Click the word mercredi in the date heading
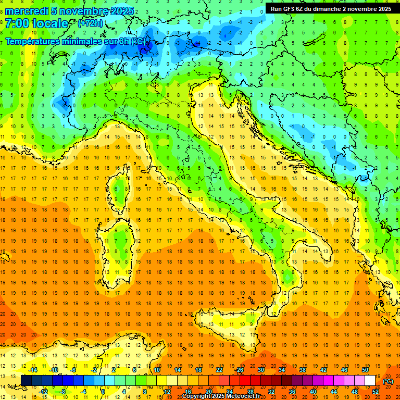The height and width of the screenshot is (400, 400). pos(27,10)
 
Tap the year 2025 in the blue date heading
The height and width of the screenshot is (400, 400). pos(121,10)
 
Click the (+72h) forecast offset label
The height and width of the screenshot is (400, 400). pos(90,24)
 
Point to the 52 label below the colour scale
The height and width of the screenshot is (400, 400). pos(375,392)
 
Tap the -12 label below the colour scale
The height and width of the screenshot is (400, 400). pos(44,392)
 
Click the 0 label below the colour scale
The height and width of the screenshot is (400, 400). pos(103,392)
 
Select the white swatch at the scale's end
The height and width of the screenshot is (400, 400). pos(370,381)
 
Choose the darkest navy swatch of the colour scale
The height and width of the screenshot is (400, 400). pos(26,381)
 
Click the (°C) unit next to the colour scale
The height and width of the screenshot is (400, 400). pos(387,381)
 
